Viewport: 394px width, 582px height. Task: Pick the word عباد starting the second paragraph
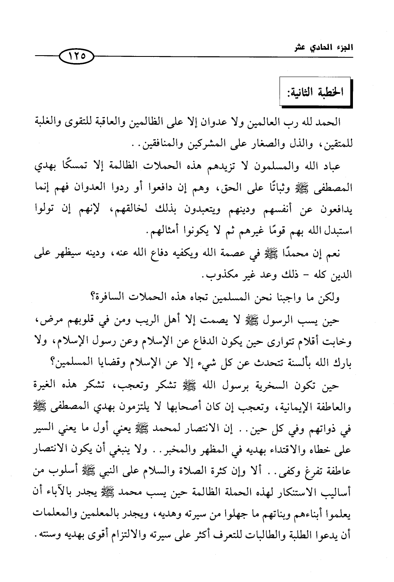(x=328, y=167)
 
